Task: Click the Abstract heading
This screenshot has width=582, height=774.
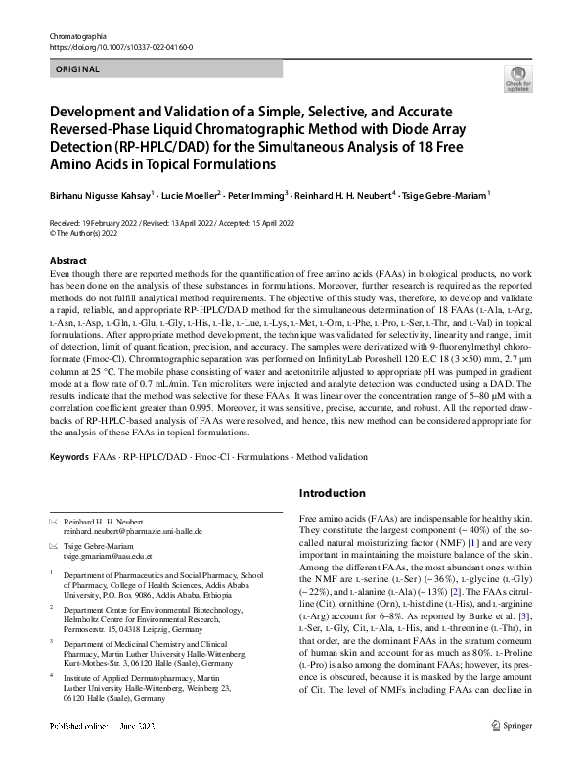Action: tap(69, 261)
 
